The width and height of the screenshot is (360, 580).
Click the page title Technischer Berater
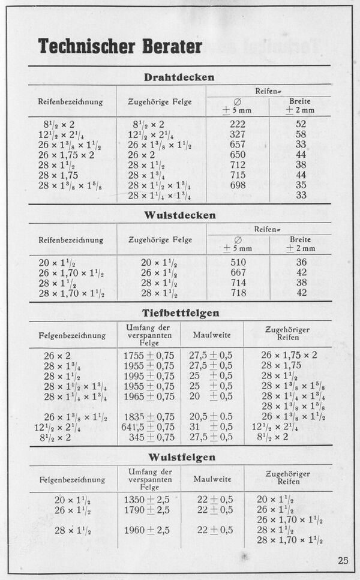pos(120,46)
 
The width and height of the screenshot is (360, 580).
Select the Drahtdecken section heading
pos(179,77)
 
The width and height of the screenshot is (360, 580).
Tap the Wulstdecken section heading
pos(180,215)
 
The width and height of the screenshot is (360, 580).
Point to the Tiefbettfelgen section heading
pos(180,312)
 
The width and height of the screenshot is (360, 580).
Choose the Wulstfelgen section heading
pos(180,457)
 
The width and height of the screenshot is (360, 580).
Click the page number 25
pos(343,561)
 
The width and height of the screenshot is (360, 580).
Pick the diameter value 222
pos(238,124)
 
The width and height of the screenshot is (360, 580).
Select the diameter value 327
pos(238,134)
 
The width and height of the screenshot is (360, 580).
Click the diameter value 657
pos(238,145)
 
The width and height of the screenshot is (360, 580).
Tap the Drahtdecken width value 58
pos(301,134)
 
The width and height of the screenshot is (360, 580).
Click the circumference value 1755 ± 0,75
pos(149,355)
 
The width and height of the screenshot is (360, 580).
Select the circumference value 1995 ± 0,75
pos(149,376)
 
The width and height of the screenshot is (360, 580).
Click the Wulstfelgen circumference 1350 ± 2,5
pos(147,500)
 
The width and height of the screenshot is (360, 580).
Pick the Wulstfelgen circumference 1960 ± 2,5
pos(147,530)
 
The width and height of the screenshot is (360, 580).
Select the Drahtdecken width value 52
pos(301,124)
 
